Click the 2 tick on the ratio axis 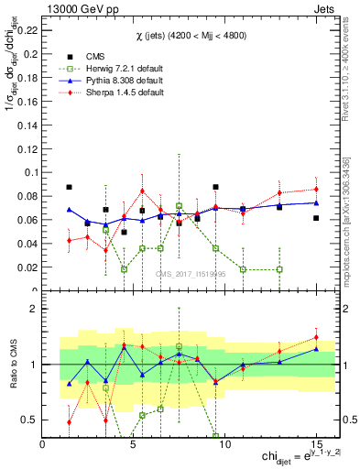pos(34,309)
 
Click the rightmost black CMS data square pos(316,218)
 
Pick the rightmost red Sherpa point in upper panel pos(316,190)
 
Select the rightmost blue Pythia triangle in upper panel pos(316,202)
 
